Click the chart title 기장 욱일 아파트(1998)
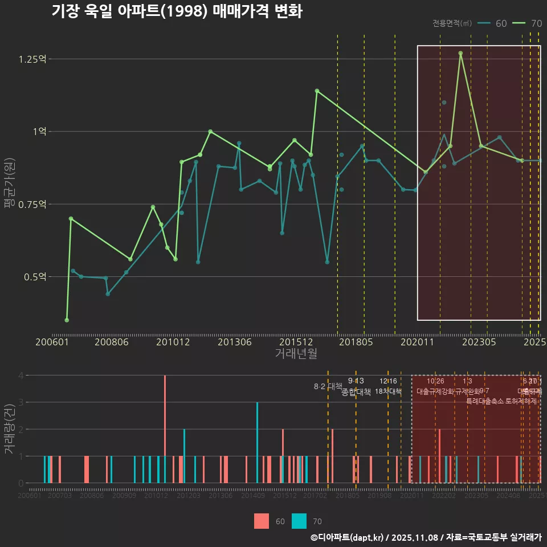click(177, 11)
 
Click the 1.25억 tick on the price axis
click(32, 59)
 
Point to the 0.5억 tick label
click(34, 277)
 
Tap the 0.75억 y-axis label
click(32, 205)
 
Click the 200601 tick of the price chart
click(52, 342)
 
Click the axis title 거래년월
click(296, 353)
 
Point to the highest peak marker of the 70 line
click(460, 53)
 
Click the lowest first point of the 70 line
click(67, 320)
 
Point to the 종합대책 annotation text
click(356, 392)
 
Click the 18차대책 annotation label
click(388, 391)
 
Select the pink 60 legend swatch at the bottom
click(262, 521)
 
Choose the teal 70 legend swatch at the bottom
click(299, 521)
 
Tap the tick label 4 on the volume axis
click(21, 375)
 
